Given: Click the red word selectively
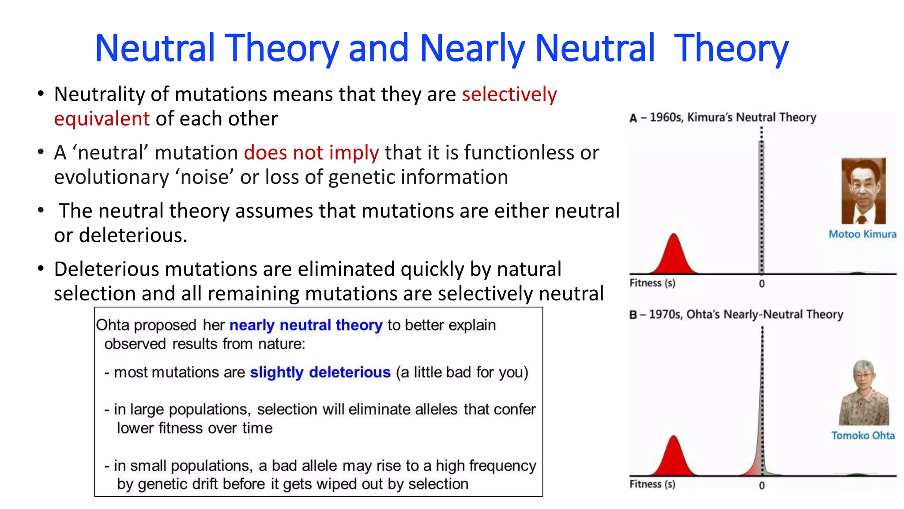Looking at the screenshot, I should [509, 94].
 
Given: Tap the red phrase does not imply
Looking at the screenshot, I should [311, 152].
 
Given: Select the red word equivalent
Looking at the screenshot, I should [102, 119].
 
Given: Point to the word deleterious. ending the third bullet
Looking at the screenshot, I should [133, 236].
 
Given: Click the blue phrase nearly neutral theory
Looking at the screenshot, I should [305, 325].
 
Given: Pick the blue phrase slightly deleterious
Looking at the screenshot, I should [320, 372].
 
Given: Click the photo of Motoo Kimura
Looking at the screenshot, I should [863, 191].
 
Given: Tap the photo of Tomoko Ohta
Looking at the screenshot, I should [863, 393].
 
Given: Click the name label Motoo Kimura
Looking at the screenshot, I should [862, 234].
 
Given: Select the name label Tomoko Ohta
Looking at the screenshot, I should [863, 436].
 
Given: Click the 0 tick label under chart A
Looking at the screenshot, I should [761, 284].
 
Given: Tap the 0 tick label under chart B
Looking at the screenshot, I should [761, 486].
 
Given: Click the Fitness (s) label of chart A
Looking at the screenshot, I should [652, 283].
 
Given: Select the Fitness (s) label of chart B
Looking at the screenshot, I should [652, 484].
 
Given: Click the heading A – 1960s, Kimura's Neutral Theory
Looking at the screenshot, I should [723, 118].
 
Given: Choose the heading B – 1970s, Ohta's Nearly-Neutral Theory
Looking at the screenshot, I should [736, 315].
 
